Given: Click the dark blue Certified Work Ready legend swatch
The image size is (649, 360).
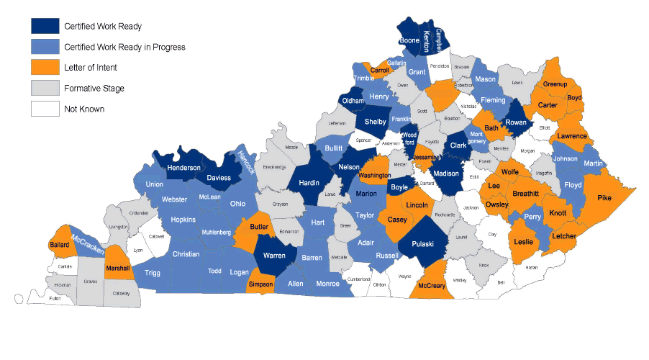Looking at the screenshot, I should (x=45, y=26).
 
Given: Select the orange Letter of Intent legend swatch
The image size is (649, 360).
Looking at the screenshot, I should (x=45, y=68).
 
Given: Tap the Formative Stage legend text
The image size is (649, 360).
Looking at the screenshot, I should (x=94, y=89).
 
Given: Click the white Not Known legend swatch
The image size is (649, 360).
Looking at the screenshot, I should (x=45, y=109).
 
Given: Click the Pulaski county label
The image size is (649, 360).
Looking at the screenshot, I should (x=422, y=244).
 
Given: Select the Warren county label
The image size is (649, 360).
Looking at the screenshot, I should (x=273, y=256).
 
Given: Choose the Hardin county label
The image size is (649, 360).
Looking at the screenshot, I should (x=309, y=183).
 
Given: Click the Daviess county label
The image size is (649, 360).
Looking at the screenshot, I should (x=219, y=177).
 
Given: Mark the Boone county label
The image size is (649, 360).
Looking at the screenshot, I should (x=409, y=41).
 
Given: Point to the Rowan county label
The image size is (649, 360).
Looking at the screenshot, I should (x=516, y=122).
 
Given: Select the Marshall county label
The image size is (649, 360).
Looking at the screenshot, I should (x=117, y=269).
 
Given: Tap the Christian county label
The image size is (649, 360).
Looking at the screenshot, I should (x=186, y=254).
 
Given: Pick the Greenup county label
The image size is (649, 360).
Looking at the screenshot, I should (x=555, y=84).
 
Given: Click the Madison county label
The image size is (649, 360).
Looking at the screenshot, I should (x=446, y=173).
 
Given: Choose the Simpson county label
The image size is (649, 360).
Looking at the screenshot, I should (x=260, y=284).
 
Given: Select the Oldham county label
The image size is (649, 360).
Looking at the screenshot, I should (x=353, y=101).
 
